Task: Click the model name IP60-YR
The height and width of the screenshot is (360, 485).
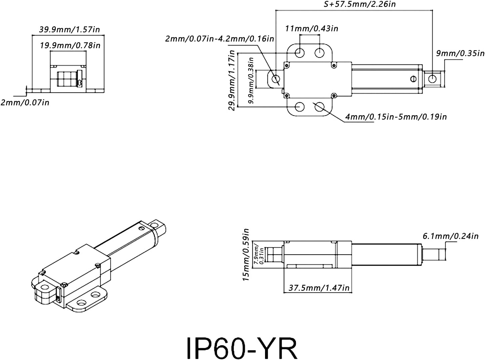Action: [x=241, y=348]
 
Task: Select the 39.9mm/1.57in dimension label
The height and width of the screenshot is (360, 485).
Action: [x=70, y=29]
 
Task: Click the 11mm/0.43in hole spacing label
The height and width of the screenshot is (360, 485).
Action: [x=311, y=28]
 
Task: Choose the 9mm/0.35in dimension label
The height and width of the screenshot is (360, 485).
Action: [x=460, y=53]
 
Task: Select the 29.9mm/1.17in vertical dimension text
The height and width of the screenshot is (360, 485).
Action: [x=231, y=81]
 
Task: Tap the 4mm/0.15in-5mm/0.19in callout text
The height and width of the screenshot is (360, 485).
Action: [x=396, y=117]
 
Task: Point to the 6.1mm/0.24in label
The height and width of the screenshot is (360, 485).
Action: [x=450, y=236]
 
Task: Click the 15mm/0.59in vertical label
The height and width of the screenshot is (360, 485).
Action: [x=246, y=255]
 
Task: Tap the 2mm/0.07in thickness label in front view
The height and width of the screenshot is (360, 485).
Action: [x=25, y=102]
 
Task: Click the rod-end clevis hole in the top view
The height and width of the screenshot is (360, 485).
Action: [x=433, y=79]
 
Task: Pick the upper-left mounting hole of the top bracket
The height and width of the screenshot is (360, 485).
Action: [x=300, y=52]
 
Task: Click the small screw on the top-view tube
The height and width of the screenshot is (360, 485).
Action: [x=413, y=79]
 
